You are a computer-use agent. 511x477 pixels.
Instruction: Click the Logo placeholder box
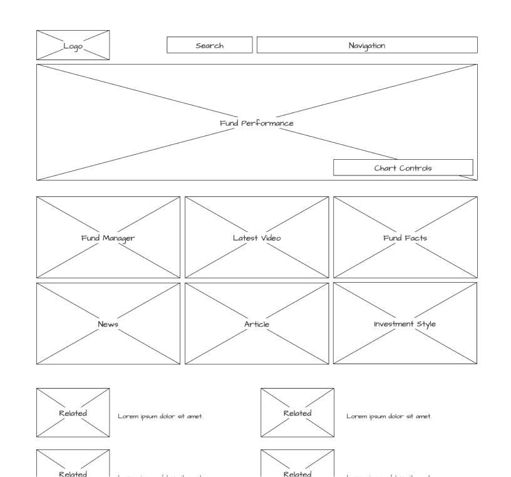pyautogui.click(x=73, y=45)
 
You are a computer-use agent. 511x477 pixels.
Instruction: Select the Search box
pyautogui.click(x=209, y=45)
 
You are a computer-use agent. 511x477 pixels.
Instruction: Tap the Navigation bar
pyautogui.click(x=367, y=45)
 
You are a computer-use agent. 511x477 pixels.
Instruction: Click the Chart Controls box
pyautogui.click(x=403, y=168)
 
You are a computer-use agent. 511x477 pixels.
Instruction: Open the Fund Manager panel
pyautogui.click(x=108, y=238)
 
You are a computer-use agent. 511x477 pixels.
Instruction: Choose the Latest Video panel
pyautogui.click(x=257, y=238)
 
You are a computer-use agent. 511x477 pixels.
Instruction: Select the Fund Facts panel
pyautogui.click(x=405, y=238)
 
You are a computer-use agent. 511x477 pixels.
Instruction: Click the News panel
pyautogui.click(x=108, y=324)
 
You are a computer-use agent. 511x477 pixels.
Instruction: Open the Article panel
pyautogui.click(x=257, y=324)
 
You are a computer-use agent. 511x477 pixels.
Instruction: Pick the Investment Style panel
pyautogui.click(x=405, y=324)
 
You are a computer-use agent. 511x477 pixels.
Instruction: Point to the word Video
pyautogui.click(x=271, y=238)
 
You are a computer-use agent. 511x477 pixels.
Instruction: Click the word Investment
pyautogui.click(x=394, y=324)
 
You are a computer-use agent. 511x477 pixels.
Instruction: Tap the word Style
pyautogui.click(x=426, y=324)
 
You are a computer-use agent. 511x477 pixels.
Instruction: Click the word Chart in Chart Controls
pyautogui.click(x=386, y=168)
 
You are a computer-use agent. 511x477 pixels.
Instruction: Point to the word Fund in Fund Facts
pyautogui.click(x=393, y=238)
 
